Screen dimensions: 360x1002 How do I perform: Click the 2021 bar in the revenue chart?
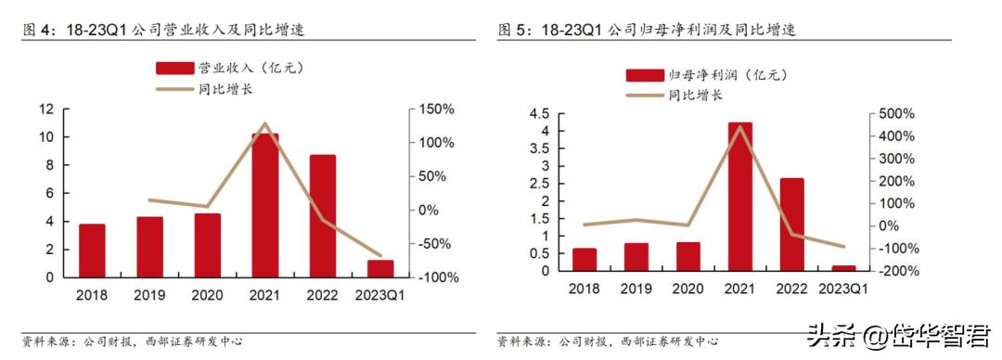click(x=265, y=205)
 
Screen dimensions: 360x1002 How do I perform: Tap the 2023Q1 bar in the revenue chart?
click(x=380, y=268)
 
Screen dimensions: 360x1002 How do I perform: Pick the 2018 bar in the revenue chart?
click(x=92, y=251)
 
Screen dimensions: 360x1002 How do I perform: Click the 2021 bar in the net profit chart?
click(x=739, y=197)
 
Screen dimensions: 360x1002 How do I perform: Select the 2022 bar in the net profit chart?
click(x=791, y=225)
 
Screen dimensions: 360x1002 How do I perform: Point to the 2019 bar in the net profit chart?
click(x=636, y=257)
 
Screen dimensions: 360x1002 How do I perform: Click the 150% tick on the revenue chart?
click(x=437, y=109)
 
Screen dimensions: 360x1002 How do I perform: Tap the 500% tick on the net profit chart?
click(x=897, y=114)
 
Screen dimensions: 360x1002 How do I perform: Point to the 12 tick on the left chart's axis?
click(x=45, y=109)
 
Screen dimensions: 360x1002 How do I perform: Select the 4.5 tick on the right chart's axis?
click(x=538, y=114)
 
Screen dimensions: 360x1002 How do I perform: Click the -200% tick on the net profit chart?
click(x=895, y=271)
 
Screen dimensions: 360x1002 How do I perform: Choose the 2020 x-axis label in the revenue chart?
click(x=207, y=295)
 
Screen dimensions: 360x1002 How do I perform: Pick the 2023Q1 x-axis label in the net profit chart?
click(x=843, y=289)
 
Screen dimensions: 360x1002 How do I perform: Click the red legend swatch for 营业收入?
click(x=174, y=68)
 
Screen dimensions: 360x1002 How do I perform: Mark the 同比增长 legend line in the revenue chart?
click(x=174, y=89)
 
